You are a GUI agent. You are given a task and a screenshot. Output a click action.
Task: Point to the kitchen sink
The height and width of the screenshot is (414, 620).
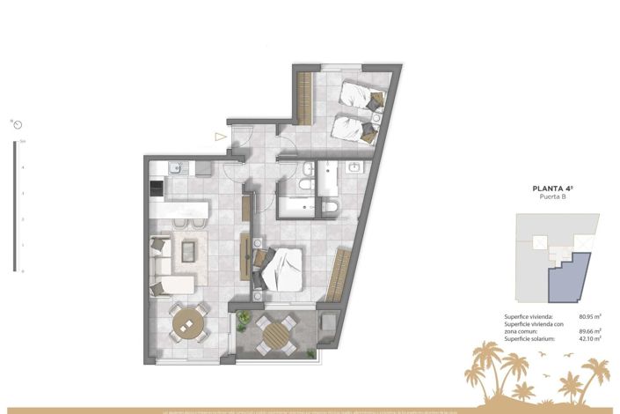point(175,166)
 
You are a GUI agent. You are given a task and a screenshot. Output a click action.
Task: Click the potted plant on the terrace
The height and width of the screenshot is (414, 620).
point(244,318)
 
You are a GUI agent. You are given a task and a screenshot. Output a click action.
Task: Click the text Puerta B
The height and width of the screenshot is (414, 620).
point(551,197)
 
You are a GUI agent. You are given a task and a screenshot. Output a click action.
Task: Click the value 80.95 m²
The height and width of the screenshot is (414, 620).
point(589,316)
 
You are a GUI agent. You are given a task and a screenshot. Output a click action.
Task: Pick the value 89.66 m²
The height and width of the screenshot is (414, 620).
point(589,330)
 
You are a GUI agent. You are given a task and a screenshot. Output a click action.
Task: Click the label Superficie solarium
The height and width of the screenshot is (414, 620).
point(531,338)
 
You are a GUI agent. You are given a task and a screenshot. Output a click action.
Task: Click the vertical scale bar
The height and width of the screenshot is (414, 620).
point(14,206)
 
